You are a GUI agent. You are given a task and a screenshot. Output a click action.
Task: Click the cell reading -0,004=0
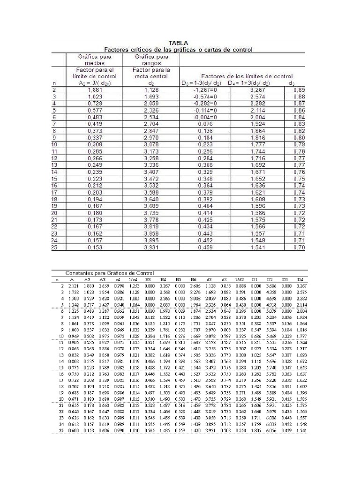point(207,117)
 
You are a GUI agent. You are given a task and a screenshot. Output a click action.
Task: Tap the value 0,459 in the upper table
point(207,247)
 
